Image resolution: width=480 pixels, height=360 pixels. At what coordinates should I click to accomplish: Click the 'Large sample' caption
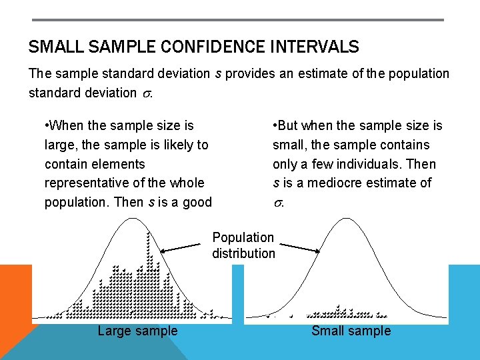(137, 331)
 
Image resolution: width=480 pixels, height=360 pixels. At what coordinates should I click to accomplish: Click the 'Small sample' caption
(351, 331)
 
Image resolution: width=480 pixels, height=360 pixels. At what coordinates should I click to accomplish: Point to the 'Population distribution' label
(243, 245)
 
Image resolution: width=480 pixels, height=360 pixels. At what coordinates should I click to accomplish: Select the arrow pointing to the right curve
(297, 246)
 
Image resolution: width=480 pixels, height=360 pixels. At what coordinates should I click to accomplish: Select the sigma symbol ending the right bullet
(278, 203)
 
